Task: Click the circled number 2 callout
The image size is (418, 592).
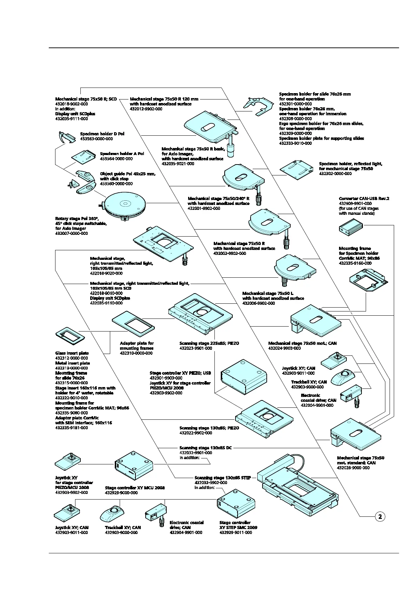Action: coord(380,516)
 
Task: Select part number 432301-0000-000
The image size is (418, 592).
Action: coord(295,104)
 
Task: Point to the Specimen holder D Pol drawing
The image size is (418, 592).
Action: coord(67,137)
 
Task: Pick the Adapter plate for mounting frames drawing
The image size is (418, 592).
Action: coord(133,322)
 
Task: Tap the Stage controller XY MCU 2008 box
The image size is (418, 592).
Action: coord(134,465)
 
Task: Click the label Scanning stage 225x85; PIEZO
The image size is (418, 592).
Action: coord(209,343)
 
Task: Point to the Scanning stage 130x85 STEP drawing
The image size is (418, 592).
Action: coord(298,482)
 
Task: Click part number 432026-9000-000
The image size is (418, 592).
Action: coord(353,468)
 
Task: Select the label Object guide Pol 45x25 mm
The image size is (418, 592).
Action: coord(128,174)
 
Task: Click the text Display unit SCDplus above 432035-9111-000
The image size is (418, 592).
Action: coord(75,114)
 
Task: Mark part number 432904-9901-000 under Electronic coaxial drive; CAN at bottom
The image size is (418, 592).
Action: coord(186,533)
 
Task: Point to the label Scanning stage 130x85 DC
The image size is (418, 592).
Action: coord(206,448)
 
